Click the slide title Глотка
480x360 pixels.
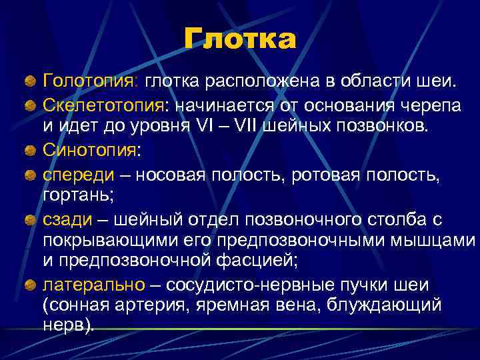[x=240, y=40]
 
